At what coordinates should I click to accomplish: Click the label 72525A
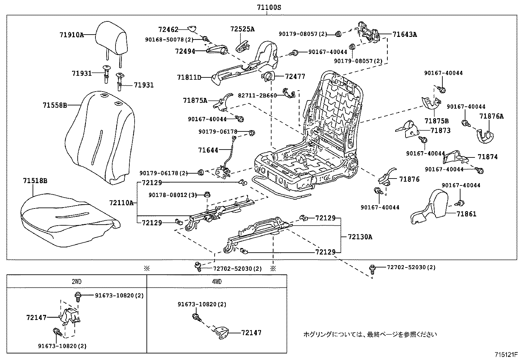coord(242,29)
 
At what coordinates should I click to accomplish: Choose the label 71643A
coord(405,34)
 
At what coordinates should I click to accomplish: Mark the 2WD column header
coord(77,282)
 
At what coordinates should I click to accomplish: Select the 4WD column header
coord(216,282)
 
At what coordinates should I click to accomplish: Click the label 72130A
coord(360,237)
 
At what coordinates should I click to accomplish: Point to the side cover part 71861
coord(431,206)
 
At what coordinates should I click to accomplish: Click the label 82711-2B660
coord(257,95)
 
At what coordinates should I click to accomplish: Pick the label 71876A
coord(491,116)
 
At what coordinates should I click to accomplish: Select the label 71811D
coord(189,77)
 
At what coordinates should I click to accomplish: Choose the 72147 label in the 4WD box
coord(251,333)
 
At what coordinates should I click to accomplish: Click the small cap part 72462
coord(192,29)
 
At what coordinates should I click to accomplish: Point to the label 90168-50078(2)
coord(169,40)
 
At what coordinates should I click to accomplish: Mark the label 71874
coord(488,157)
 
